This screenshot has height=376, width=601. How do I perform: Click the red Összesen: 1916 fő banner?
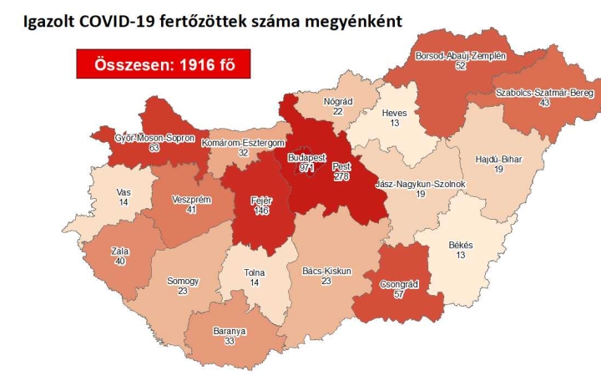(x=163, y=64)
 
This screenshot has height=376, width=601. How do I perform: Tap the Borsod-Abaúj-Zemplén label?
(x=461, y=56)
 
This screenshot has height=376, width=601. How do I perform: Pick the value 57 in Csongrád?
(x=397, y=295)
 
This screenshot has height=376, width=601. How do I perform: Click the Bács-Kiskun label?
(x=325, y=272)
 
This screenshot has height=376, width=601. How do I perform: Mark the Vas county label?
(x=123, y=191)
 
